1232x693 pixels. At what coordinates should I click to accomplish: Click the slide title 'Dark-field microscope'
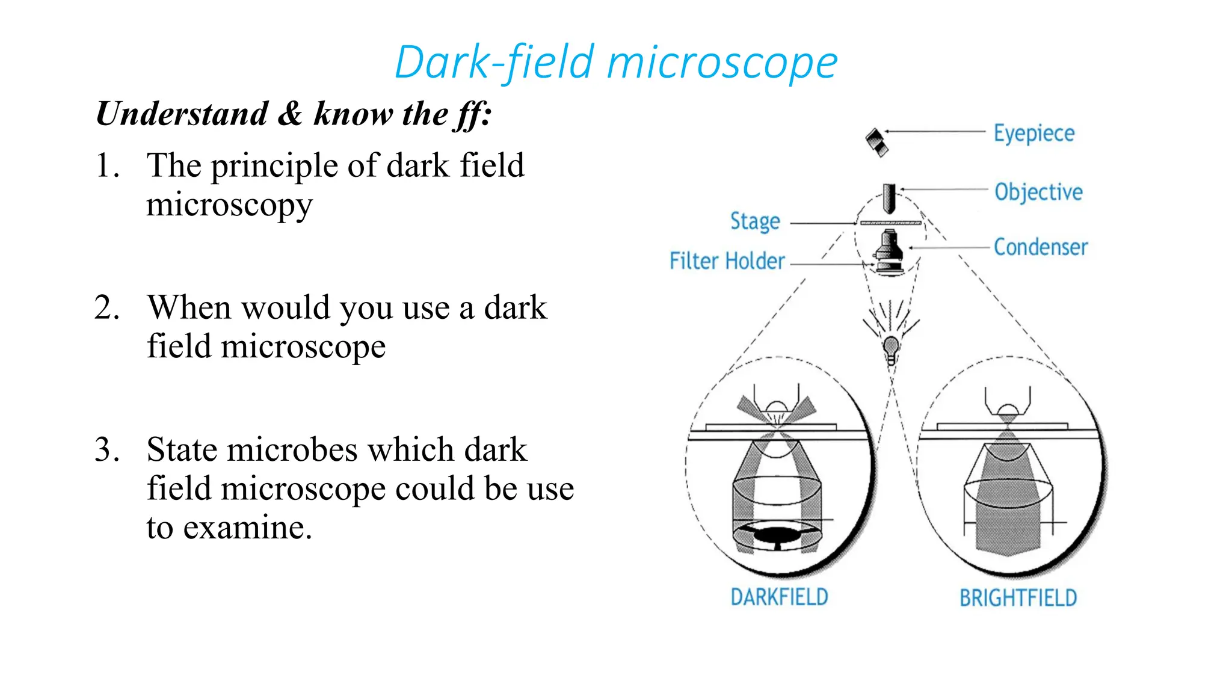tap(615, 62)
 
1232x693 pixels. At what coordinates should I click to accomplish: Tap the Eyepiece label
tap(1033, 133)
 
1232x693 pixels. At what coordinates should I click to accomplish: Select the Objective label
tap(1038, 192)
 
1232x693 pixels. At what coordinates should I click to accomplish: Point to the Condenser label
tap(1040, 247)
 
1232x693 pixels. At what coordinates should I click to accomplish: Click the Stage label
tap(755, 221)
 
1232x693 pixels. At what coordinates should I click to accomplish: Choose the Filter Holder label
tap(727, 261)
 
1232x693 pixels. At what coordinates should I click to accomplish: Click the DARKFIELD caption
tap(779, 597)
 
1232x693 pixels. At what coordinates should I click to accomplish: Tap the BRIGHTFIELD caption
tap(1018, 598)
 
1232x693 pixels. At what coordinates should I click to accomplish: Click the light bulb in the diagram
tap(891, 348)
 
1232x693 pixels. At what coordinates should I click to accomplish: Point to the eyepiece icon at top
tap(877, 143)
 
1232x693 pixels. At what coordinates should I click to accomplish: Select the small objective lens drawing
tap(889, 199)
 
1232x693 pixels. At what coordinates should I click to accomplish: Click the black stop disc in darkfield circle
tap(777, 534)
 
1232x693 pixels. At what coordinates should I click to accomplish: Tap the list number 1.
tap(106, 165)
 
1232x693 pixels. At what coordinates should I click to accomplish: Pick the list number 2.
tap(106, 307)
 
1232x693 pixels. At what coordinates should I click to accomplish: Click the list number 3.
tap(106, 449)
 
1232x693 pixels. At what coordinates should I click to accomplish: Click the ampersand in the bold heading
tap(291, 114)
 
